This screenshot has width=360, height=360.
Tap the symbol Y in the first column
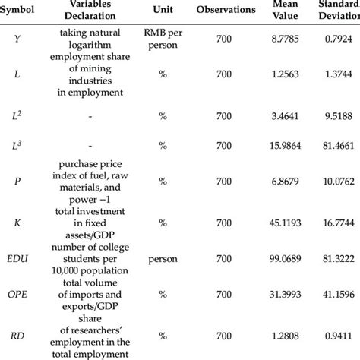pos(17,38)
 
